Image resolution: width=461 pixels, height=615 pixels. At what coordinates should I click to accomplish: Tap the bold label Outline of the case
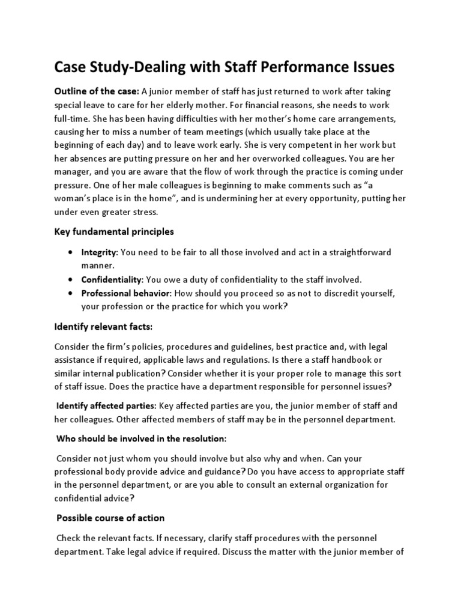(97, 91)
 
